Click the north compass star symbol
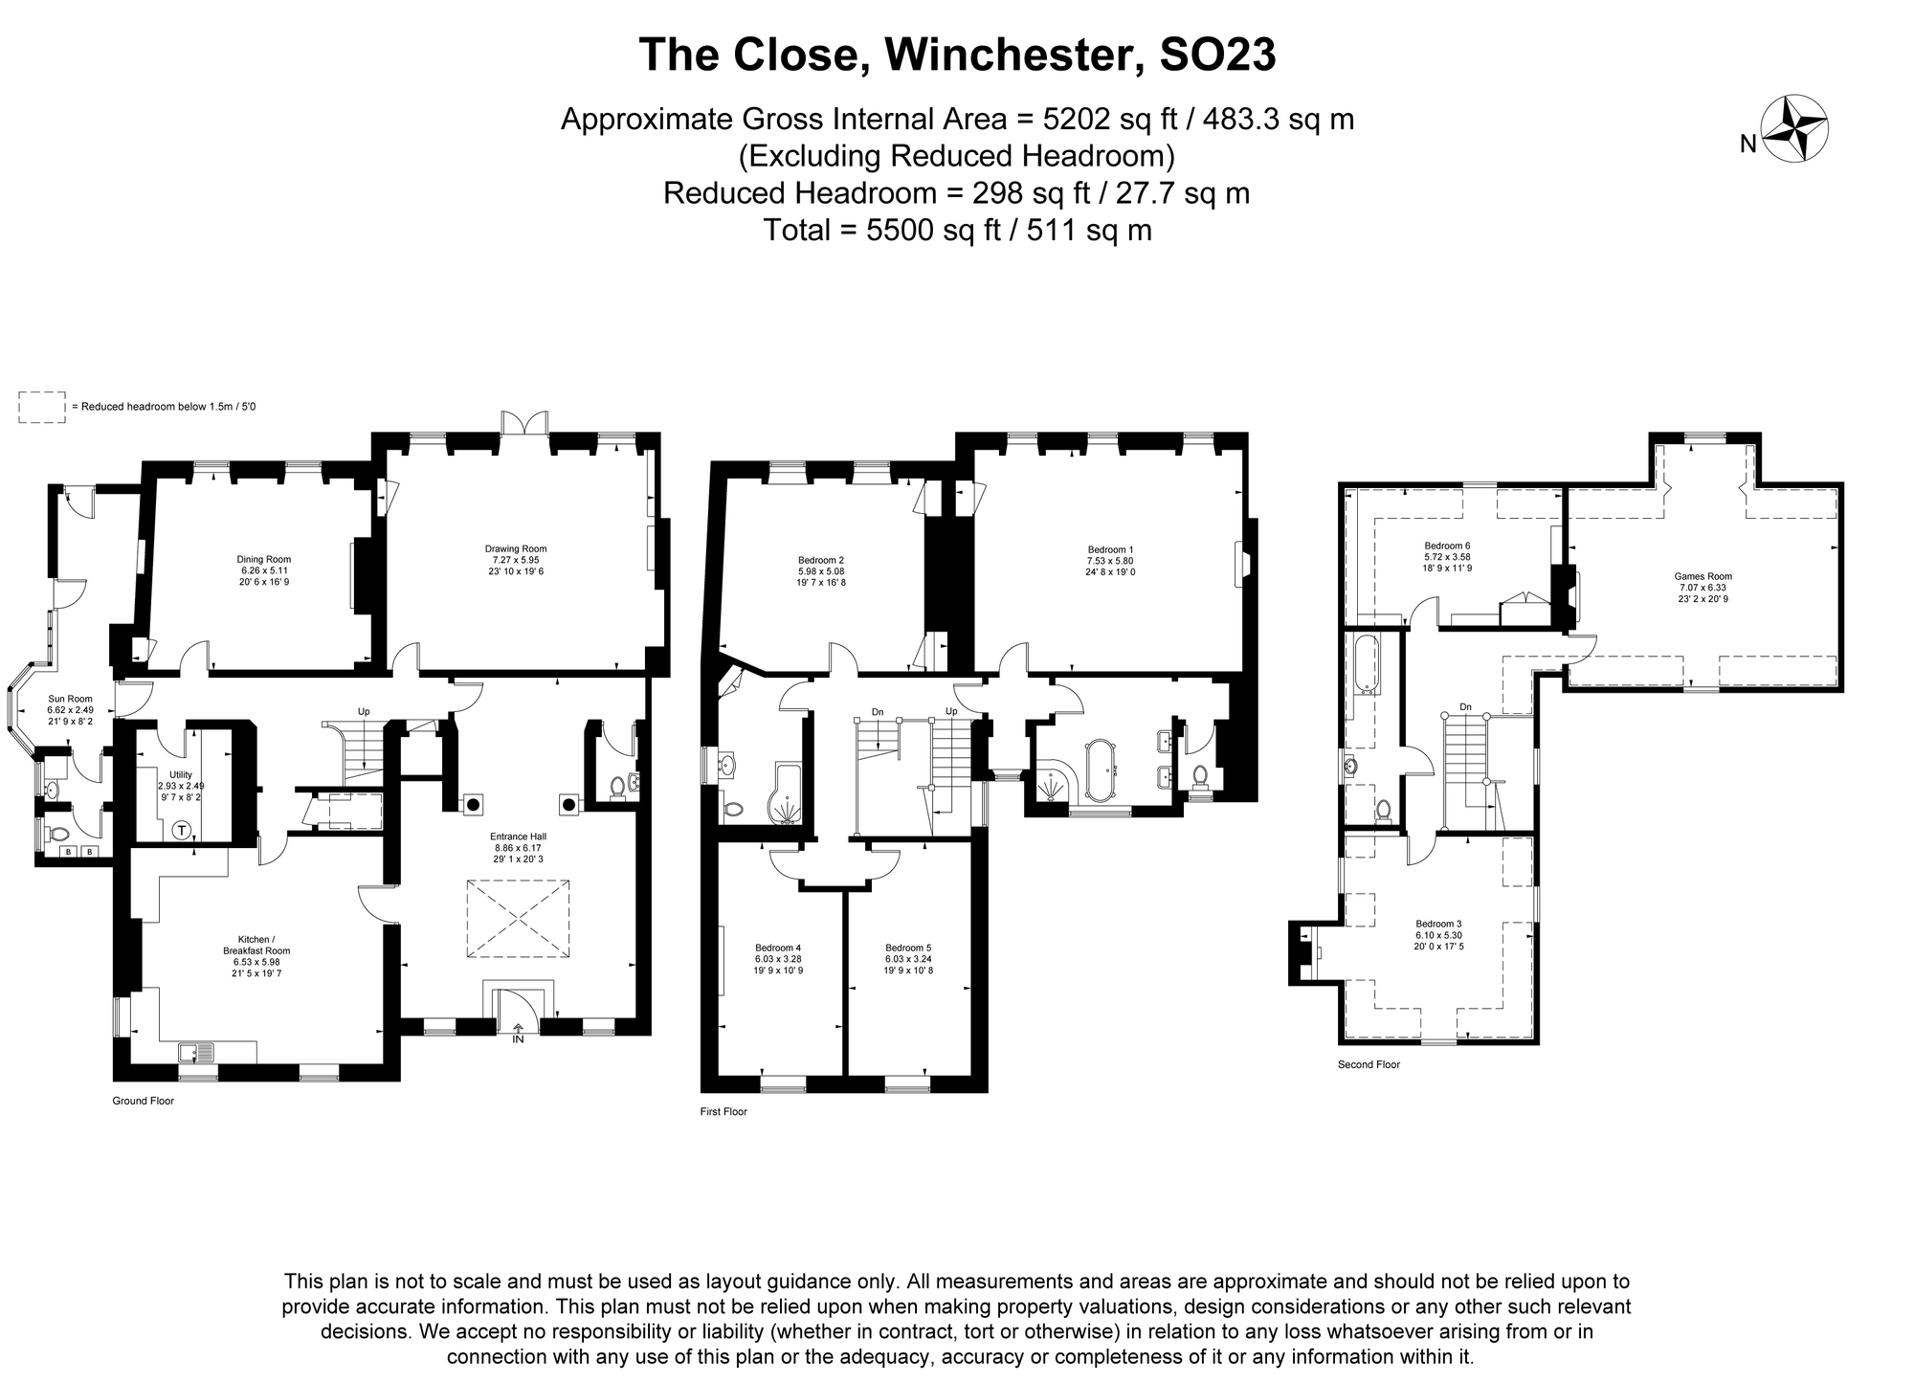pyautogui.click(x=1794, y=129)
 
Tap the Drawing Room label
pyautogui.click(x=516, y=560)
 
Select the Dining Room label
pyautogui.click(x=264, y=570)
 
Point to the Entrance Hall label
pyautogui.click(x=520, y=847)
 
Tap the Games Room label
pyautogui.click(x=1703, y=588)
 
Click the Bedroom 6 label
pyautogui.click(x=1447, y=557)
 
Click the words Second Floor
pyautogui.click(x=1369, y=1064)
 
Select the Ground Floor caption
pyautogui.click(x=144, y=1101)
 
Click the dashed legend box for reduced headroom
pyautogui.click(x=42, y=407)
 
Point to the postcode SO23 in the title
pyautogui.click(x=1216, y=55)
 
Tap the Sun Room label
pyautogui.click(x=71, y=709)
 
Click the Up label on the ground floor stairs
pyautogui.click(x=364, y=711)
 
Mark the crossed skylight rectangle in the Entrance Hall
pyautogui.click(x=518, y=919)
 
